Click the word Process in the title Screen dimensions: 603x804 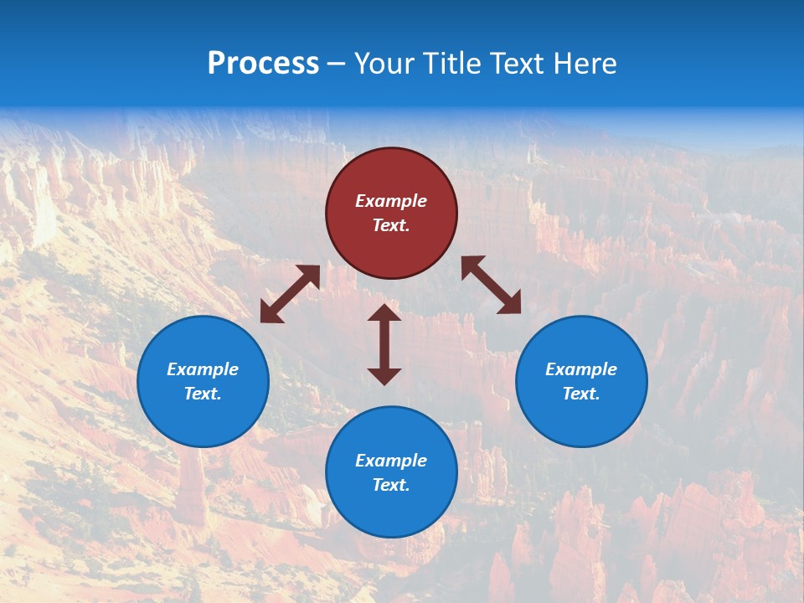click(x=263, y=64)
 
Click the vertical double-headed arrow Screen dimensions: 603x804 click(x=384, y=344)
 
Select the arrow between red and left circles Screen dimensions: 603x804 click(x=290, y=294)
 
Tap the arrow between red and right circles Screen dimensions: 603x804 click(x=492, y=285)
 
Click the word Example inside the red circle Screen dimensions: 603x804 click(x=391, y=201)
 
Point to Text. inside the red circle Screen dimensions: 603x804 click(x=391, y=225)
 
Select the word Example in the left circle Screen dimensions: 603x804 click(x=203, y=369)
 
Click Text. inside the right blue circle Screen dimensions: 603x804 click(x=581, y=394)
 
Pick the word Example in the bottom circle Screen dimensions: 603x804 click(x=391, y=461)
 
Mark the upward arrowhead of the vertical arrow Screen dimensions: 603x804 click(x=384, y=312)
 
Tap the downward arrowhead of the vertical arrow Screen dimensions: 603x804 click(x=384, y=376)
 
